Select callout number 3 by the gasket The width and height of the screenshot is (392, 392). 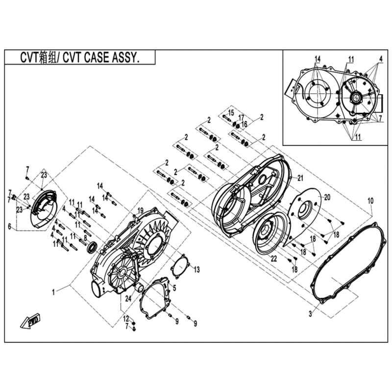(x=310, y=314)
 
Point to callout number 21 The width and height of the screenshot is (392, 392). (x=300, y=178)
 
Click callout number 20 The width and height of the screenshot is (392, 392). (x=327, y=197)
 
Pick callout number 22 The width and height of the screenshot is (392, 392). (x=274, y=259)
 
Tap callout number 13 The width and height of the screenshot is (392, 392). (x=197, y=269)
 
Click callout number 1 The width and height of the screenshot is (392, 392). (x=53, y=292)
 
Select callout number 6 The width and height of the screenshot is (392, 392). (x=9, y=227)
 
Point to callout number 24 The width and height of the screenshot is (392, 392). (x=128, y=298)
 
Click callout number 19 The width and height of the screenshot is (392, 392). (x=140, y=210)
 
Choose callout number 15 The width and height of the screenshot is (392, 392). (x=231, y=113)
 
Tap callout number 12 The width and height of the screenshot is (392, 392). (x=126, y=319)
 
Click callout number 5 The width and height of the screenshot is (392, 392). (x=174, y=288)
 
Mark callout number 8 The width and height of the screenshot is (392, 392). (x=85, y=238)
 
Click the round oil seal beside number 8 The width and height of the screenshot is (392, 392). (x=92, y=246)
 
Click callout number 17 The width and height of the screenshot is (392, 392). (x=241, y=117)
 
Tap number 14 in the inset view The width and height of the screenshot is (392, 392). (x=317, y=59)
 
